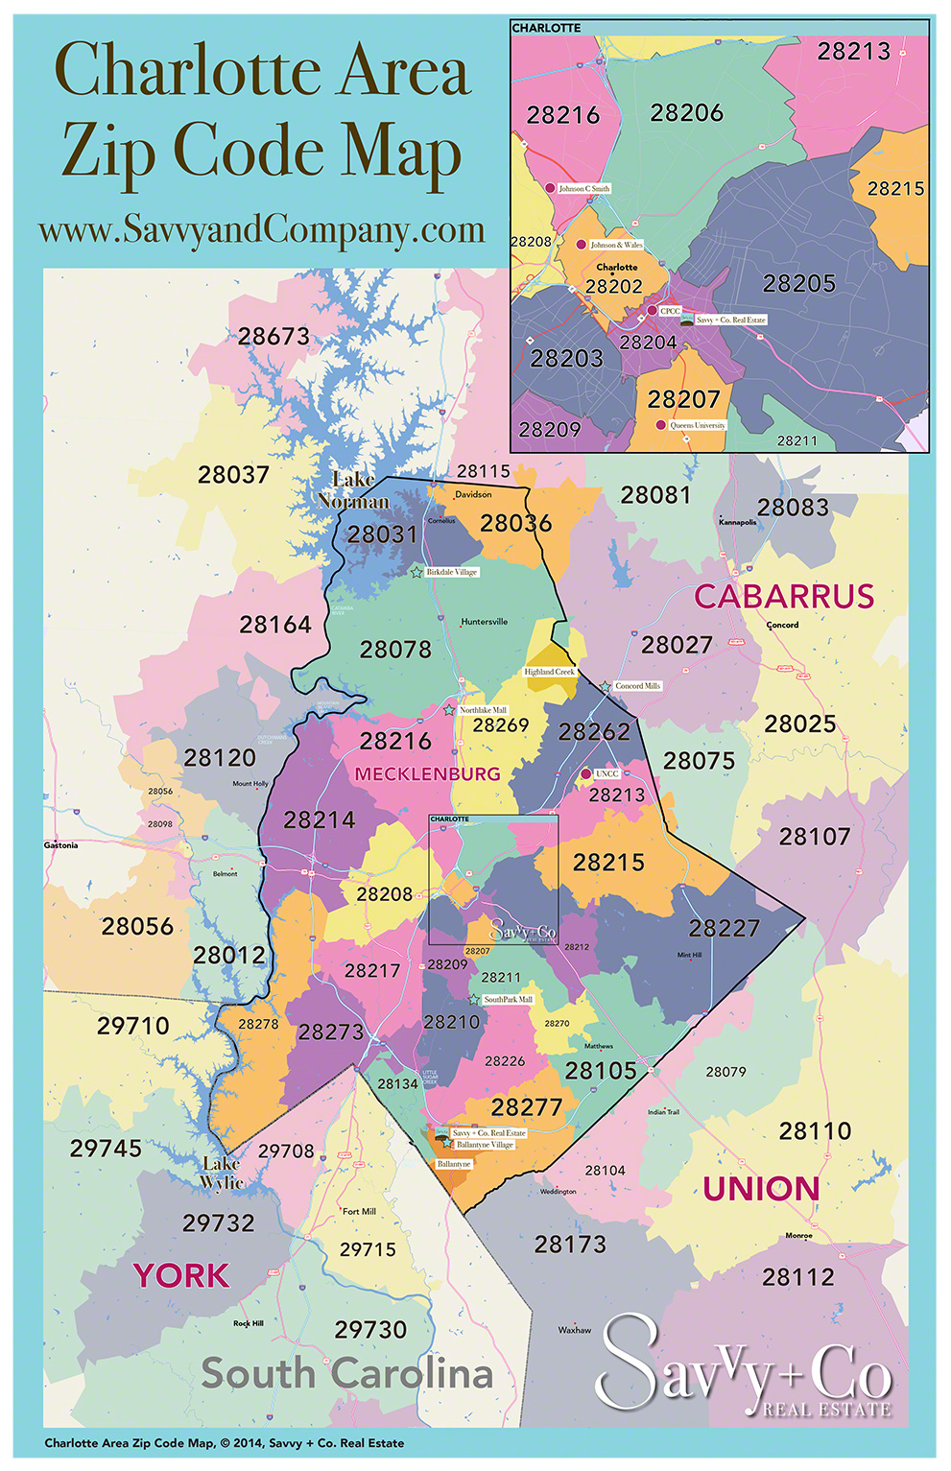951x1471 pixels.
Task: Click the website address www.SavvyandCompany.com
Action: [x=261, y=230]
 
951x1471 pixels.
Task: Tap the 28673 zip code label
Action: [x=274, y=337]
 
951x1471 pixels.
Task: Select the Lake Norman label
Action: [x=353, y=490]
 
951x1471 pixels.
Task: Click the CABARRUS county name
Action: [x=784, y=597]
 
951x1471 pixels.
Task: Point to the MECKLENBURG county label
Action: [x=427, y=774]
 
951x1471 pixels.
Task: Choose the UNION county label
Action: [x=761, y=1190]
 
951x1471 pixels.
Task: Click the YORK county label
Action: [x=181, y=1276]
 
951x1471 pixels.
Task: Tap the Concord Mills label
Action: [x=637, y=686]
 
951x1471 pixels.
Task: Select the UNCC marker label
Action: [x=606, y=773]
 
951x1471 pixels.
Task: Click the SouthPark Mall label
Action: [x=508, y=1000]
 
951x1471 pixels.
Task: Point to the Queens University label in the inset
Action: [x=697, y=425]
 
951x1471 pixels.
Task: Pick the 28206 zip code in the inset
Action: [x=686, y=113]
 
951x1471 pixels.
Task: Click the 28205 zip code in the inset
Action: [x=798, y=284]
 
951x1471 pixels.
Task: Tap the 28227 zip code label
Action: [x=724, y=929]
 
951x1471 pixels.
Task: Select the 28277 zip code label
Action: [x=526, y=1107]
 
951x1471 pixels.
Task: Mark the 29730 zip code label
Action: [x=370, y=1330]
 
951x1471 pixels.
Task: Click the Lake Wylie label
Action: [x=222, y=1174]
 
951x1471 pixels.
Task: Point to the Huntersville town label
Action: [x=484, y=622]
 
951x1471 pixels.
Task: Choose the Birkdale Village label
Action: [x=451, y=572]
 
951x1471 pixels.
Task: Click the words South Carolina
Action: [x=346, y=1374]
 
